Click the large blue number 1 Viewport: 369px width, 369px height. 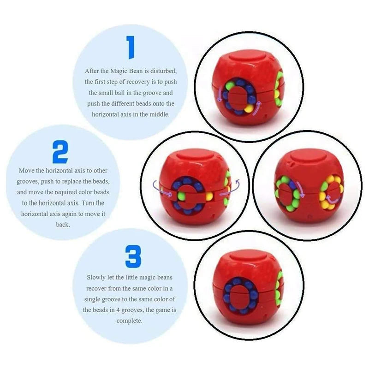(x=131, y=48)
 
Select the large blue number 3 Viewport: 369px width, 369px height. (x=133, y=256)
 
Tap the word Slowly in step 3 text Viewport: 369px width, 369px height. (x=98, y=278)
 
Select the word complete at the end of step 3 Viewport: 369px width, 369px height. (x=130, y=321)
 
